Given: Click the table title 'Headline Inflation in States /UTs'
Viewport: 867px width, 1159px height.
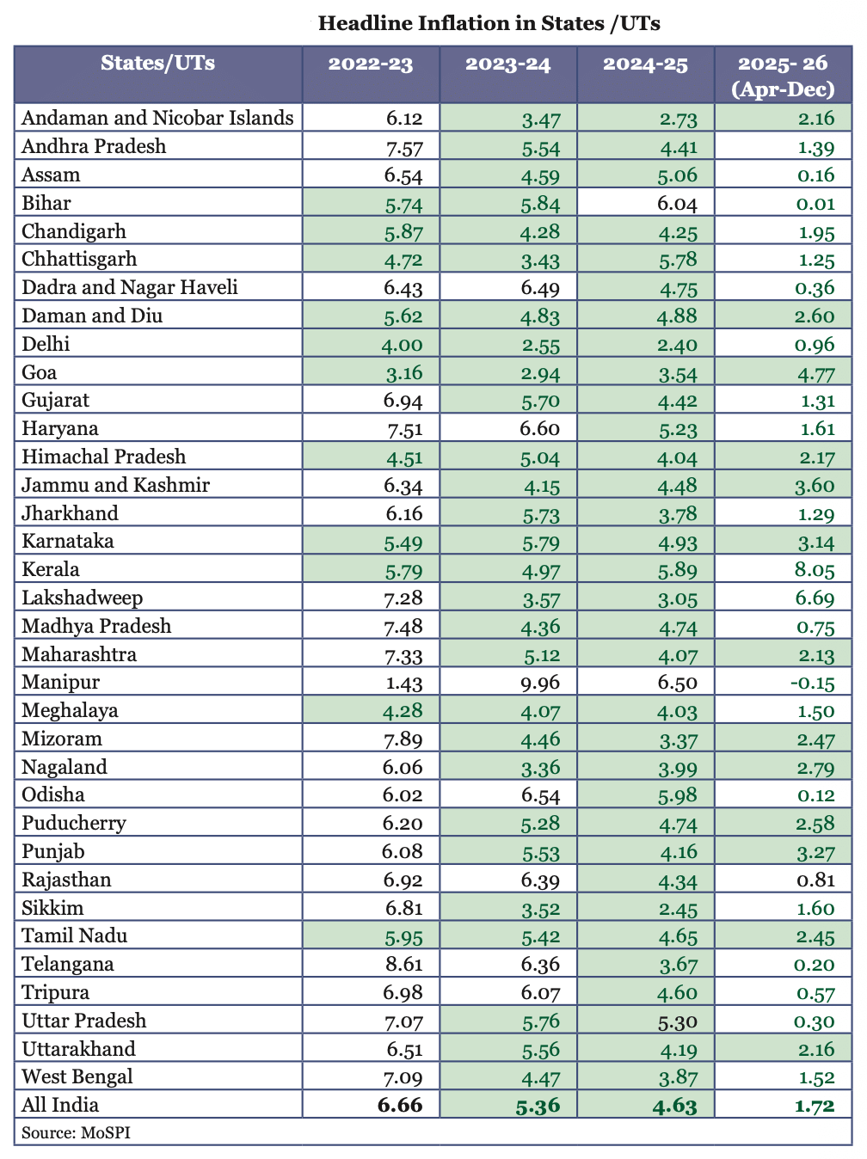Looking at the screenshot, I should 489,23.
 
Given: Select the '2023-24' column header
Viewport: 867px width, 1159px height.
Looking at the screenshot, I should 507,64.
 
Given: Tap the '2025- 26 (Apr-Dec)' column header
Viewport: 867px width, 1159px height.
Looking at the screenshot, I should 783,76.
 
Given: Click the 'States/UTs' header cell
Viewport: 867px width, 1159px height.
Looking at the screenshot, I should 158,63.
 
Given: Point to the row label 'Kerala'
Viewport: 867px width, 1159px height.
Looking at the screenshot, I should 51,570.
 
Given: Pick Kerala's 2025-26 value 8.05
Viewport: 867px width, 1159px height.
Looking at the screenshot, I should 815,571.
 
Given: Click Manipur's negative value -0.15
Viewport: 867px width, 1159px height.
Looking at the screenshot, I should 813,684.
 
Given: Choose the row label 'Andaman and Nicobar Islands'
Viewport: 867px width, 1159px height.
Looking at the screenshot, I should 157,118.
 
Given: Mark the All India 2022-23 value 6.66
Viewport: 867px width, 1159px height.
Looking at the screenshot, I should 400,1106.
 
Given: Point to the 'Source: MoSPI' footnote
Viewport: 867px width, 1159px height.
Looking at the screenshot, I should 77,1133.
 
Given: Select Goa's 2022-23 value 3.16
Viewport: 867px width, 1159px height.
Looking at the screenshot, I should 403,374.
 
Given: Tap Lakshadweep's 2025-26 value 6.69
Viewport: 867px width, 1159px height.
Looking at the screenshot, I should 815,599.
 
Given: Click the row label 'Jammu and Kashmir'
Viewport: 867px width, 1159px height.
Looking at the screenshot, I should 116,486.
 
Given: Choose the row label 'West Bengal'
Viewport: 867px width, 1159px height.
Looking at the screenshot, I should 77,1077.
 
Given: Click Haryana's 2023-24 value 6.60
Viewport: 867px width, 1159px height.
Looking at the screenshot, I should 540,430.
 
